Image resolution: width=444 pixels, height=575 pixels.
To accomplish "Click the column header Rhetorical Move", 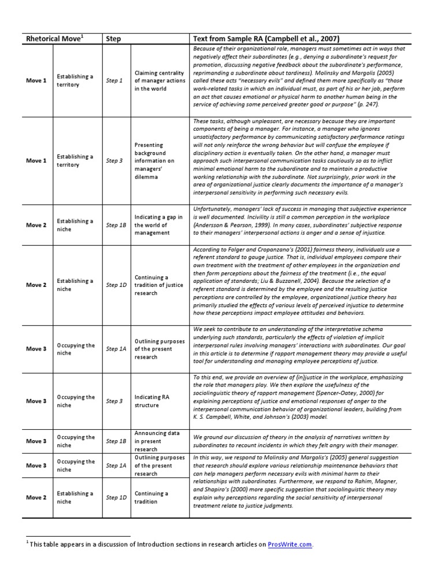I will [x=53, y=39].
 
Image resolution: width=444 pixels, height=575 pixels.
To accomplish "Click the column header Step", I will [x=113, y=39].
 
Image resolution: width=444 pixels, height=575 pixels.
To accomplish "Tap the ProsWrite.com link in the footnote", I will [x=290, y=544].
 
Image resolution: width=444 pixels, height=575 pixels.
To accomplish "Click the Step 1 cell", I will [x=114, y=81].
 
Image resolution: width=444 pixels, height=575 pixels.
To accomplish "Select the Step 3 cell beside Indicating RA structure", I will [x=114, y=401].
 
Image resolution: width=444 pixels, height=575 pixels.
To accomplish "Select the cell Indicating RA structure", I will [x=152, y=401].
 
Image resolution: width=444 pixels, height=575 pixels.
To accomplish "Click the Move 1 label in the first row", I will [x=36, y=81].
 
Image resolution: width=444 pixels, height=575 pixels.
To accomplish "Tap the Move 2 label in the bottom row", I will [x=36, y=497].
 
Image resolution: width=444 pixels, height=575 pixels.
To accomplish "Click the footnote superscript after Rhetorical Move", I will [x=83, y=36].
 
